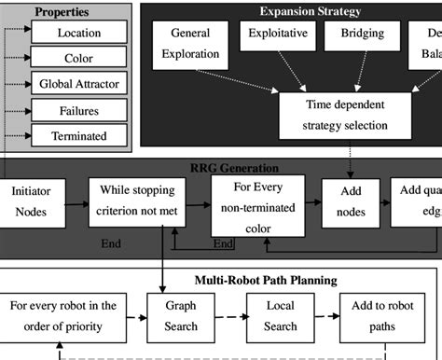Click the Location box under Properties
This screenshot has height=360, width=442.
(79, 33)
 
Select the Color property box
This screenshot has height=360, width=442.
(79, 58)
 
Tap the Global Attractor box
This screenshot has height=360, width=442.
(79, 84)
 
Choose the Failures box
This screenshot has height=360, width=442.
(79, 110)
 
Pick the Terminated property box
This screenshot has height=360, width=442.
(79, 135)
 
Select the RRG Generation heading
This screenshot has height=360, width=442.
(231, 168)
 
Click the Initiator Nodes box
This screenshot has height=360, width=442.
(32, 203)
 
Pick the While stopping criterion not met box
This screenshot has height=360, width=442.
(137, 203)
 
